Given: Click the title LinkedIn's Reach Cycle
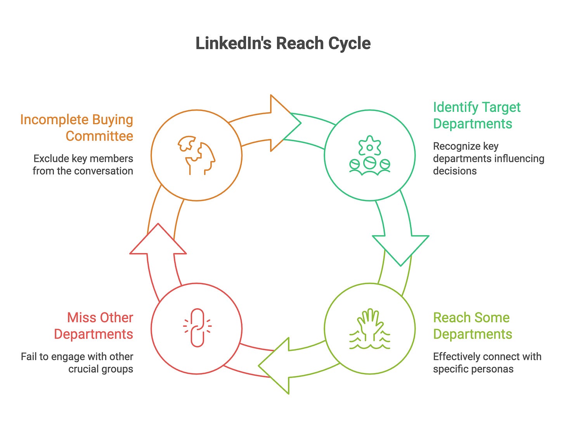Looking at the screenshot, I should coord(283,43).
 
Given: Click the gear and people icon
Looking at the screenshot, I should coord(369,155).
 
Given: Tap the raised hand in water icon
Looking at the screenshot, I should coord(369,329).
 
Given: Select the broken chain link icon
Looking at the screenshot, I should coord(197,328).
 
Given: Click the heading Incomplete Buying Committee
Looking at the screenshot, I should coord(77,128).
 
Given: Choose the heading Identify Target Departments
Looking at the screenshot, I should coord(477,115).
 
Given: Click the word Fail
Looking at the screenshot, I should coord(29,356).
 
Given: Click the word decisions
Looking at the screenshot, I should coord(454,171).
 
